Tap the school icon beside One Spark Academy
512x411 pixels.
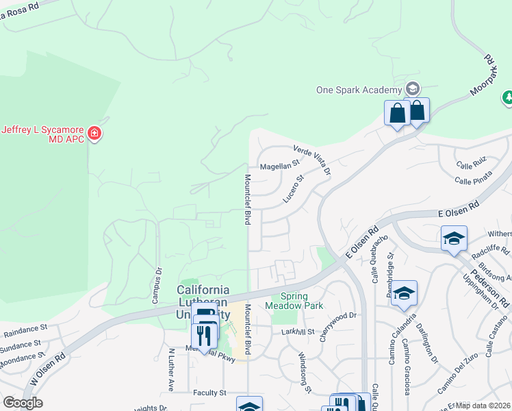click(412, 88)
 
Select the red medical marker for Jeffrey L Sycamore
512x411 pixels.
click(94, 132)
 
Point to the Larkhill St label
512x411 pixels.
click(297, 332)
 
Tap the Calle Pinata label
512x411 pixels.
click(474, 180)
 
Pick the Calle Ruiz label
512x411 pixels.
click(471, 164)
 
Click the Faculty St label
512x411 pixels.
click(209, 393)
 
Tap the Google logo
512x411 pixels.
click(23, 403)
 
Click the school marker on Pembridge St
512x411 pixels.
click(405, 293)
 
